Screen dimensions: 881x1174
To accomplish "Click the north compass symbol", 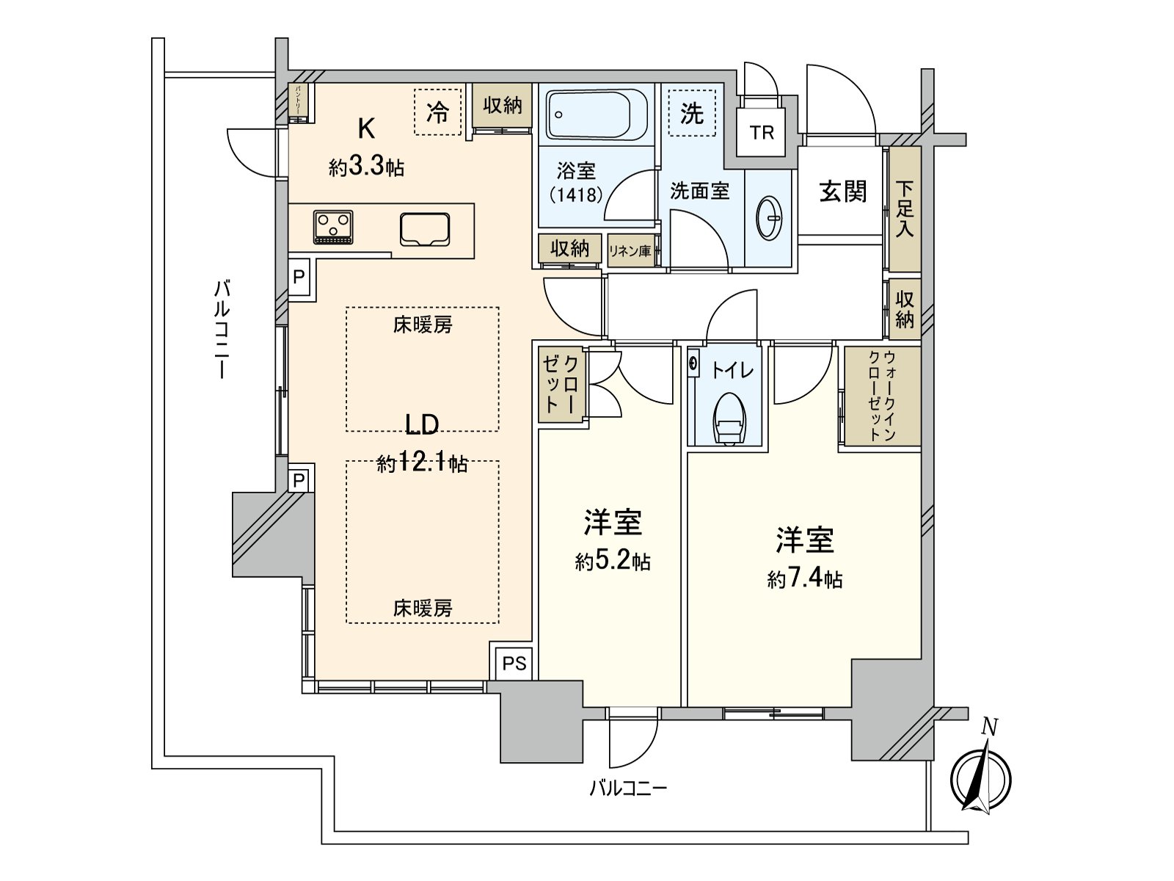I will tap(980, 778).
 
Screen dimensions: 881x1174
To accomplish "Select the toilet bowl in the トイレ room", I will tap(729, 420).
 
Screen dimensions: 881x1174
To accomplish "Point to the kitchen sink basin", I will tap(425, 228).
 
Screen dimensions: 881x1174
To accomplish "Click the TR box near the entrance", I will tap(762, 132).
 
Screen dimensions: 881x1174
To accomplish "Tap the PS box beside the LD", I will tap(514, 663).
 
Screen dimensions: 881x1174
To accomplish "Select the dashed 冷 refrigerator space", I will tap(438, 112).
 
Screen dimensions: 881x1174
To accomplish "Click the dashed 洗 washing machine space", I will tap(691, 113).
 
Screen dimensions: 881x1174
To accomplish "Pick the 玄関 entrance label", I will tap(843, 192).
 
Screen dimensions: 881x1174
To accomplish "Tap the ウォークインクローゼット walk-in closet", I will tap(882, 396).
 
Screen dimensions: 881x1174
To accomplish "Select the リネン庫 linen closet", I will tap(630, 251).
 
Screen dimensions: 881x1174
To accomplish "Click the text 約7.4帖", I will tap(805, 580).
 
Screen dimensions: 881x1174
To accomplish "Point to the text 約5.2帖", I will tap(613, 562).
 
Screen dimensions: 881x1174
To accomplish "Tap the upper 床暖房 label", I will tap(423, 325).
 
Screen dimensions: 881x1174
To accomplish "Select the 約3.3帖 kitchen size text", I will tap(366, 167).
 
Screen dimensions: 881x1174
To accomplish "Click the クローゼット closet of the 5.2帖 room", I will tap(562, 385).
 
